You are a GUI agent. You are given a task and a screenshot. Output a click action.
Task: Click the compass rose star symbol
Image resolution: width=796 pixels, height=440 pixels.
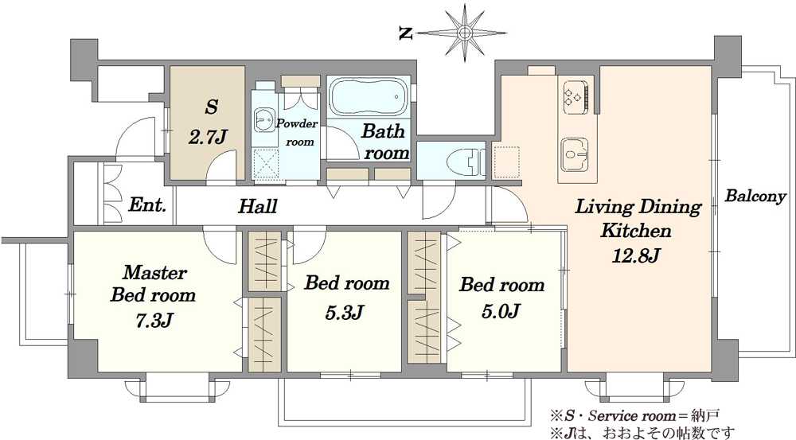point(464,33)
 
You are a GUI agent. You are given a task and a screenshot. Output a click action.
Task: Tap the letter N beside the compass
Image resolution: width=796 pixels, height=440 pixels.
point(405,34)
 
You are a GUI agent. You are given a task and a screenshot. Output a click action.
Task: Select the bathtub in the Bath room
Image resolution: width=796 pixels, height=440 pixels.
point(369,96)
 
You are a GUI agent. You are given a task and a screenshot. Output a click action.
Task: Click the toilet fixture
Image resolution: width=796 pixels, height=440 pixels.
point(466,162)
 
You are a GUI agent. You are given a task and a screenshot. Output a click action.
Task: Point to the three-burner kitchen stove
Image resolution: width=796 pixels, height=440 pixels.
point(576,96)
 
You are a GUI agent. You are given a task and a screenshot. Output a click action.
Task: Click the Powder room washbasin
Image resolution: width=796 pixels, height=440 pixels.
point(264,120)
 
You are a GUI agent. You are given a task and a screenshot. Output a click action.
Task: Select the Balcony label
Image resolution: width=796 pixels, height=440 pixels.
point(755,197)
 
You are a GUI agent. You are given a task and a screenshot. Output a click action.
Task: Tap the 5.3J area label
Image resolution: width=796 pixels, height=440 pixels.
point(344,312)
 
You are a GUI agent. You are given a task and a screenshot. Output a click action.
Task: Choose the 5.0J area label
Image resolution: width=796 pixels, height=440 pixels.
point(500,310)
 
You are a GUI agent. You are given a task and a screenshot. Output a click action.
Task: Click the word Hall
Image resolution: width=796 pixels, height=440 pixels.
point(258,206)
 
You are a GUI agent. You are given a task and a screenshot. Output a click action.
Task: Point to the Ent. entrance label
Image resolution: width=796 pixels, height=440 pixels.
point(147,204)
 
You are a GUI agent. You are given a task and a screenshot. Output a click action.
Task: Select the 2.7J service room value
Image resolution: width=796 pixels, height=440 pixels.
point(208,137)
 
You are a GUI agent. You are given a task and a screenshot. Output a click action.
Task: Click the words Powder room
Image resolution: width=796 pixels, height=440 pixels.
point(298,132)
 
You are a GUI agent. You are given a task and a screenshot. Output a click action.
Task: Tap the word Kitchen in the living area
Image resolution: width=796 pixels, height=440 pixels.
point(636,231)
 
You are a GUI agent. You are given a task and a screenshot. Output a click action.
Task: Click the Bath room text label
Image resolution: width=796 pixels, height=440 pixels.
point(385,142)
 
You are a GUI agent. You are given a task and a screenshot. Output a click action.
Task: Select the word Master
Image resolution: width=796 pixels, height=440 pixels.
point(154,273)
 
